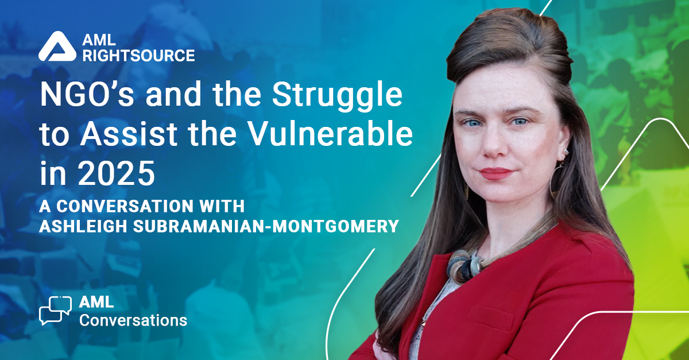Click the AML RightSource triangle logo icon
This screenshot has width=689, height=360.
pyautogui.click(x=57, y=46)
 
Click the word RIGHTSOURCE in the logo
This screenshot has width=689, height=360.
pyautogui.click(x=139, y=56)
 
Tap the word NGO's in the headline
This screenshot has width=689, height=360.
pyautogui.click(x=87, y=94)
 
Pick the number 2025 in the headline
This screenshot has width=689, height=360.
pyautogui.click(x=116, y=173)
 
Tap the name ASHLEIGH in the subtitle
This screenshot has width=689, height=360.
pyautogui.click(x=83, y=226)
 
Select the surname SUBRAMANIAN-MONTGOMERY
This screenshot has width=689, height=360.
pyautogui.click(x=266, y=226)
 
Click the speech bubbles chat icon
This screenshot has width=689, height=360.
pyautogui.click(x=55, y=311)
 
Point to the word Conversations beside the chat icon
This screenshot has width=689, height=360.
pyautogui.click(x=133, y=320)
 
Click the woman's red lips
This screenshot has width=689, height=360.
pyautogui.click(x=497, y=173)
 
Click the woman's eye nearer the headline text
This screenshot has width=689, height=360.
pyautogui.click(x=471, y=123)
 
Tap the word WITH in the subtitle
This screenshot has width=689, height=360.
pyautogui.click(x=222, y=206)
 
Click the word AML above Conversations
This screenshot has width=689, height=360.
pyautogui.click(x=96, y=302)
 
